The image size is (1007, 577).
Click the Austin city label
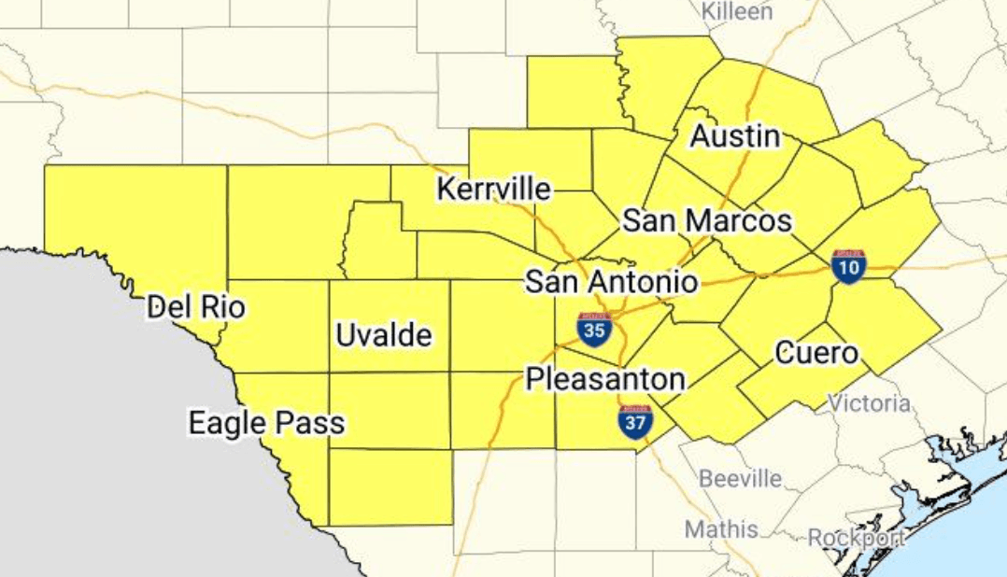click(x=735, y=136)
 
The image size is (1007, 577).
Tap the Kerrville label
click(x=493, y=190)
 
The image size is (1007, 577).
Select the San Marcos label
click(x=707, y=221)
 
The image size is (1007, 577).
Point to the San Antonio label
click(x=612, y=281)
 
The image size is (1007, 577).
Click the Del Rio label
click(x=196, y=305)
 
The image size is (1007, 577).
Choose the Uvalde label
click(x=384, y=335)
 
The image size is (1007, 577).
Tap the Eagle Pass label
click(x=266, y=423)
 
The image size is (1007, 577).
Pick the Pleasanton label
click(x=605, y=379)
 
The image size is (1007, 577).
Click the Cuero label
click(x=816, y=354)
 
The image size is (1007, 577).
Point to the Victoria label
click(x=869, y=403)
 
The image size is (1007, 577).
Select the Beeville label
click(x=741, y=479)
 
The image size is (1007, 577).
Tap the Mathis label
click(x=721, y=529)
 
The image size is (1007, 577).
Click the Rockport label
click(x=857, y=538)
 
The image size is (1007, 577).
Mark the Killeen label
click(x=737, y=11)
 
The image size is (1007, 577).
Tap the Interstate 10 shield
click(x=848, y=266)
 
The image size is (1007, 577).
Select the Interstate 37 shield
click(x=634, y=422)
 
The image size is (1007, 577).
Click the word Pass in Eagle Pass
click(x=310, y=423)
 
